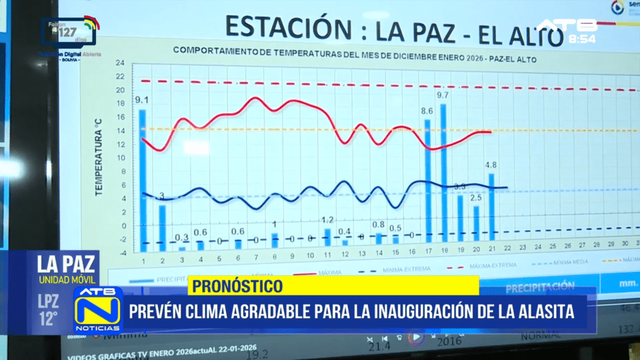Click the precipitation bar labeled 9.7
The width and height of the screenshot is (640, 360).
tap(443, 173)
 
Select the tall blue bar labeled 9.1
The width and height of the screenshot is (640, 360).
tap(142, 177)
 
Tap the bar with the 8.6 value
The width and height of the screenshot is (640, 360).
tap(428, 180)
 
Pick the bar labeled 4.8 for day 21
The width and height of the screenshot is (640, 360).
tap(491, 207)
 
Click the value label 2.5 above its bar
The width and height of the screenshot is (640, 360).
tap(476, 198)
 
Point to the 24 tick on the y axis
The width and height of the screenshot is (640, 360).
tap(120, 63)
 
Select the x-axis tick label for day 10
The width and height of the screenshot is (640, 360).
tap(310, 255)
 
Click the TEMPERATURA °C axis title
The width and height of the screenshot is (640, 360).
tap(98, 157)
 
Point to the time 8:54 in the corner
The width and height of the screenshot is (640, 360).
tap(582, 39)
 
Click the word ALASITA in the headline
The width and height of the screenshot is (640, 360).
tap(543, 311)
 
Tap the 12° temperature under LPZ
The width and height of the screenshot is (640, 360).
tap(48, 319)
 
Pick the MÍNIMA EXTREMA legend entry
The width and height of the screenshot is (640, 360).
tap(399, 271)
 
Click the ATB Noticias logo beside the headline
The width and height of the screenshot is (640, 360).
tap(97, 310)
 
